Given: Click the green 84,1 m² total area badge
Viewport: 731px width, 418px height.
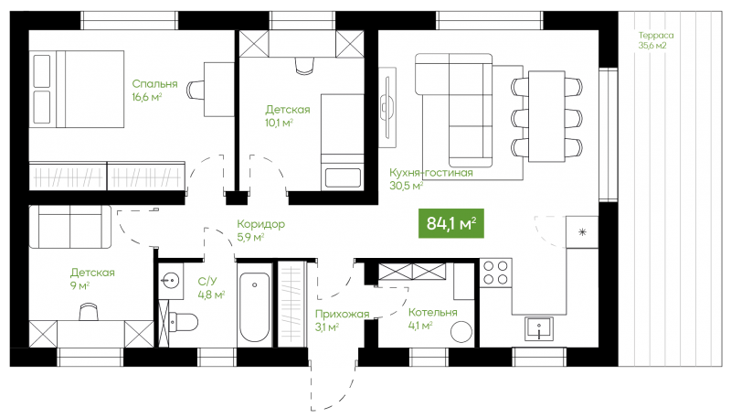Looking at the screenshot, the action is pyautogui.click(x=450, y=223).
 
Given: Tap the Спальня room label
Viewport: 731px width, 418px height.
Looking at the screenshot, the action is pyautogui.click(x=154, y=84).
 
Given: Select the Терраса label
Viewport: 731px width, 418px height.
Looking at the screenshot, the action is pyautogui.click(x=656, y=36).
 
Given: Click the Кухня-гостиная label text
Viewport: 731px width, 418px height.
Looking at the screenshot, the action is pyautogui.click(x=431, y=173).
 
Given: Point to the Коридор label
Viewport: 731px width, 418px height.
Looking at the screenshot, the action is pyautogui.click(x=260, y=224).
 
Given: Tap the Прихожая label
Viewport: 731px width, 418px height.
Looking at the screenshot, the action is pyautogui.click(x=342, y=314).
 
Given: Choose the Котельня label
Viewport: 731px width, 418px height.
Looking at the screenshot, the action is pyautogui.click(x=432, y=313).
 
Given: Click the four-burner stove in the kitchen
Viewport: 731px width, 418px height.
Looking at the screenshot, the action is pyautogui.click(x=495, y=273).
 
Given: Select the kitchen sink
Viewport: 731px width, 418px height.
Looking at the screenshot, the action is pyautogui.click(x=539, y=329).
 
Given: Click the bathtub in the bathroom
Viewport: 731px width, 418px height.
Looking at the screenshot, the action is pyautogui.click(x=254, y=307).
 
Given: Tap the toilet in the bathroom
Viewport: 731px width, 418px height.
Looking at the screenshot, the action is pyautogui.click(x=184, y=322).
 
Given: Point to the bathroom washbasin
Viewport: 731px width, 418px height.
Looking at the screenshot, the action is pyautogui.click(x=170, y=281).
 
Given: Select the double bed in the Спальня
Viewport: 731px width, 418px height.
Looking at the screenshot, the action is pyautogui.click(x=79, y=89).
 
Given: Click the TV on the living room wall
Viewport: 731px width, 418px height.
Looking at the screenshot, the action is pyautogui.click(x=387, y=107).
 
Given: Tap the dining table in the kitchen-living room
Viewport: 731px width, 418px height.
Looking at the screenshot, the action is pyautogui.click(x=546, y=116).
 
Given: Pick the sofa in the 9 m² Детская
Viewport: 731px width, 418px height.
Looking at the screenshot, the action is pyautogui.click(x=70, y=227).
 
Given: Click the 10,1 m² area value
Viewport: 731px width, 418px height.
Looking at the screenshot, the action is pyautogui.click(x=280, y=123).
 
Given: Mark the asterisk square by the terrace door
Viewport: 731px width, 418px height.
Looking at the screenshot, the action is pyautogui.click(x=582, y=231).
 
